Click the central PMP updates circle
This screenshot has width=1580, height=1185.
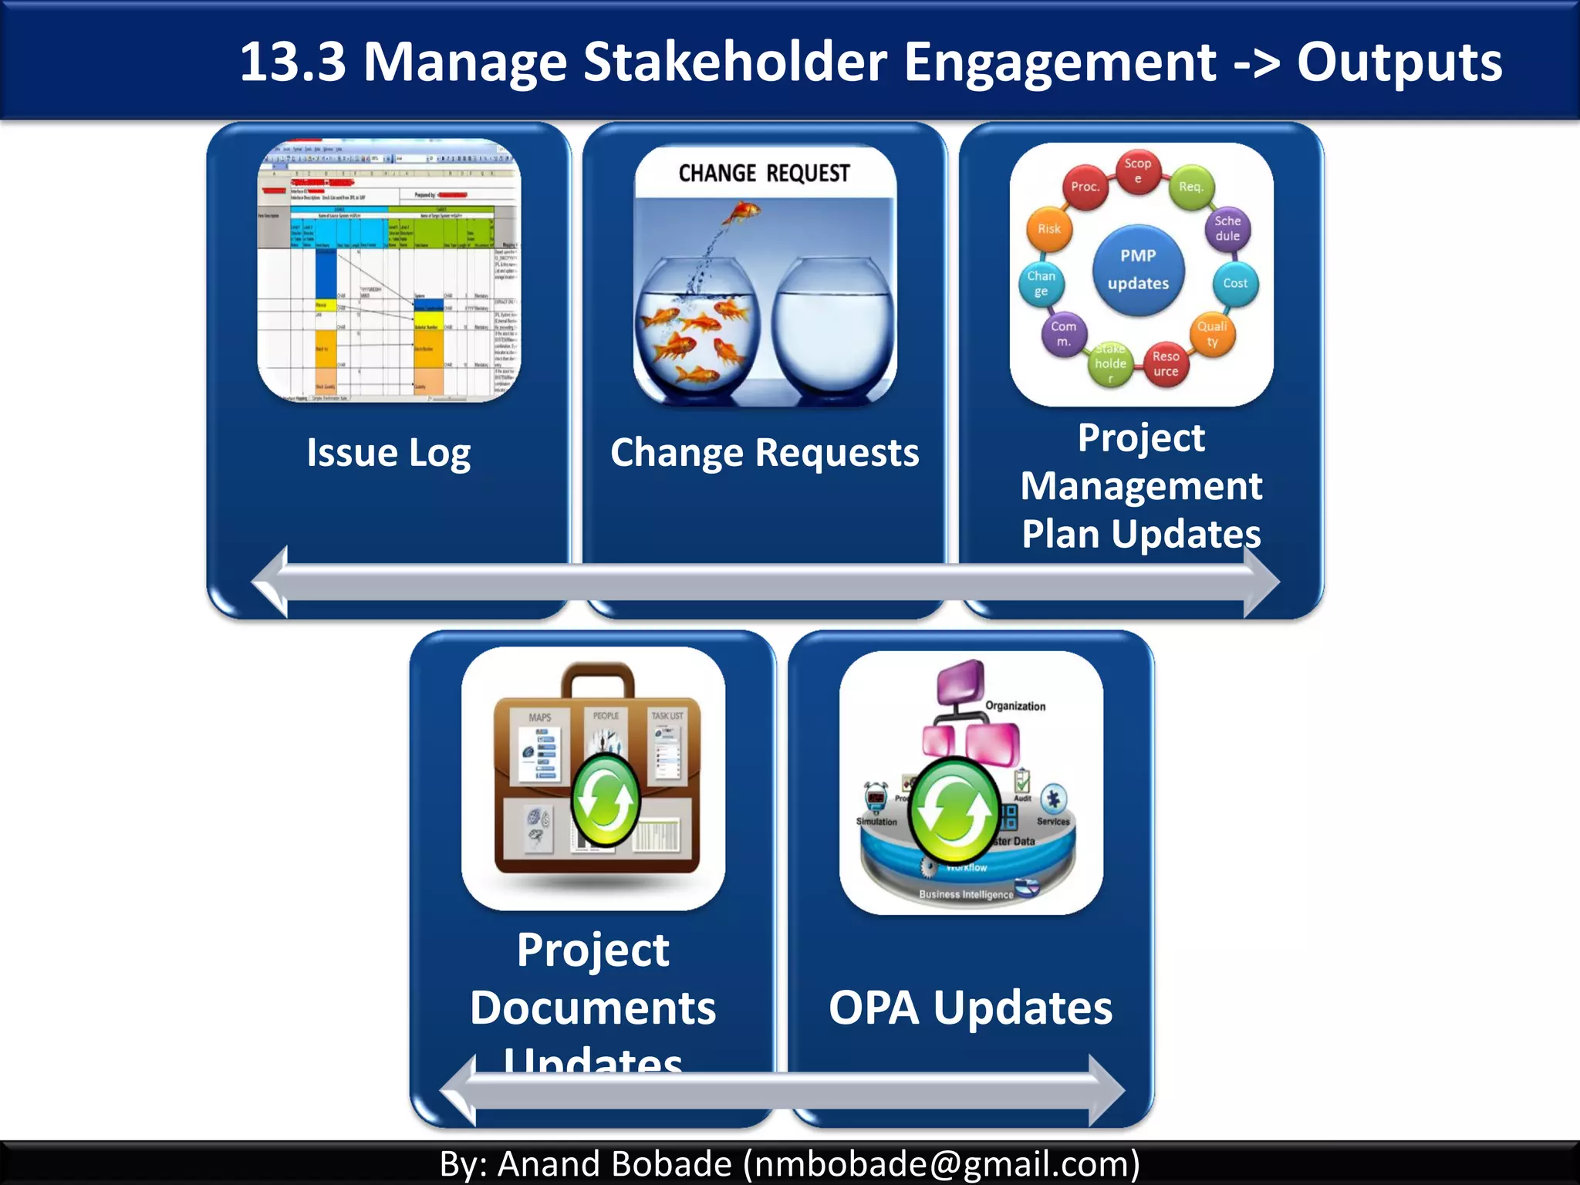(1138, 270)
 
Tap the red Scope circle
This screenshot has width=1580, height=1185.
(1138, 171)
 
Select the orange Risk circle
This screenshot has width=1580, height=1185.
(1049, 229)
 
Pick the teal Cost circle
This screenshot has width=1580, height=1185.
(1235, 283)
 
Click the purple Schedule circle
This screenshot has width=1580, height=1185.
(1227, 228)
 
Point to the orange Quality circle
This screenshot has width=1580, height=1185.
(1212, 333)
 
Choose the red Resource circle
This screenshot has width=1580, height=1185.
(1166, 363)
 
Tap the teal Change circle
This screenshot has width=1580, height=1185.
(1041, 283)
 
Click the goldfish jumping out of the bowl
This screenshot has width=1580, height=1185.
(743, 211)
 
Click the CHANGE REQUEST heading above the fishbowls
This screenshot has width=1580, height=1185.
(764, 174)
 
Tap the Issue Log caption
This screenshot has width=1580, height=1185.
(388, 452)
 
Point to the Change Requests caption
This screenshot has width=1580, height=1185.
(765, 452)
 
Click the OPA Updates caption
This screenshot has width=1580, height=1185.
(971, 1008)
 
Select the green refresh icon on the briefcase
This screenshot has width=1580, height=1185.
(606, 801)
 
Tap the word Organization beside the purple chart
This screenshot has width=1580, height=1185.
(1015, 706)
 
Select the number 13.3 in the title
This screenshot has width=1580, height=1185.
(293, 62)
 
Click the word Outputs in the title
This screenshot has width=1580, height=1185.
(1399, 62)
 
